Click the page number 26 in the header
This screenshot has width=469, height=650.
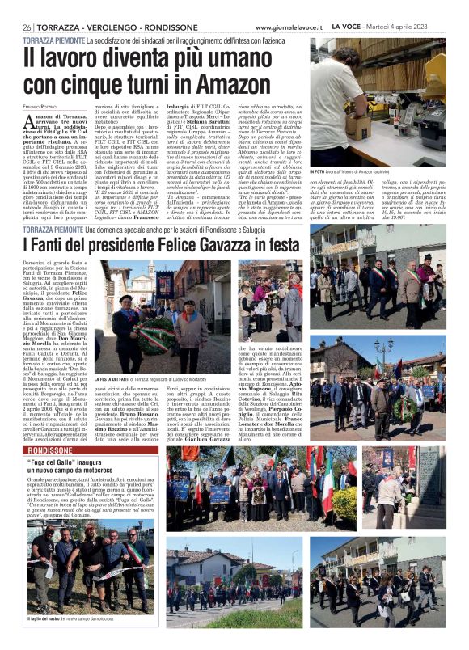click(27, 27)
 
